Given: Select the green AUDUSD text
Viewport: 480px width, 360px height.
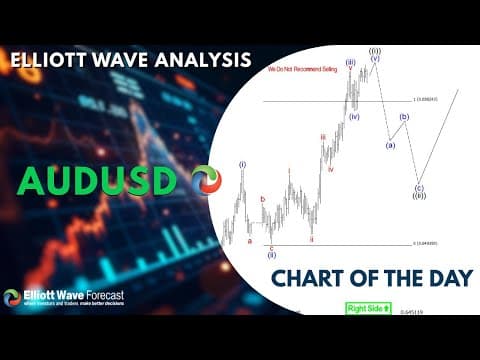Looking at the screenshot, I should coord(96,181).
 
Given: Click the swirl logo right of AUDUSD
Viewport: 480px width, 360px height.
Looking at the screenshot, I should coord(206,181).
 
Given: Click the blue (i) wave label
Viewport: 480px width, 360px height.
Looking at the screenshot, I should coord(242,164).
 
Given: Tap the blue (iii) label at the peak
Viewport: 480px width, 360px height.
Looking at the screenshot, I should coord(351,62).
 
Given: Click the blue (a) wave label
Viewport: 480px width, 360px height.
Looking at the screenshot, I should coord(390,145).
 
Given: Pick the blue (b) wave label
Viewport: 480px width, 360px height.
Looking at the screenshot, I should coord(404,117).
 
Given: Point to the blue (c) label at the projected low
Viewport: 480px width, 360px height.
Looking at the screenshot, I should coord(418,187).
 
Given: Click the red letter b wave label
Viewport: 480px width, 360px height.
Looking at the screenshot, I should coord(263,200).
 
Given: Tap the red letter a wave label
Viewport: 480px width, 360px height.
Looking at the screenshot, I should coord(249,240).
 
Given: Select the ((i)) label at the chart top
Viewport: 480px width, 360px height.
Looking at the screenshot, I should coord(374,50).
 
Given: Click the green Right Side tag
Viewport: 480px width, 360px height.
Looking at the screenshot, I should coord(368,308).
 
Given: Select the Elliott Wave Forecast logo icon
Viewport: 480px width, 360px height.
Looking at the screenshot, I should coord(12,298).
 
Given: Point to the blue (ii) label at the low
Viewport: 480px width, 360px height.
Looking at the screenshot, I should coord(272,255).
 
